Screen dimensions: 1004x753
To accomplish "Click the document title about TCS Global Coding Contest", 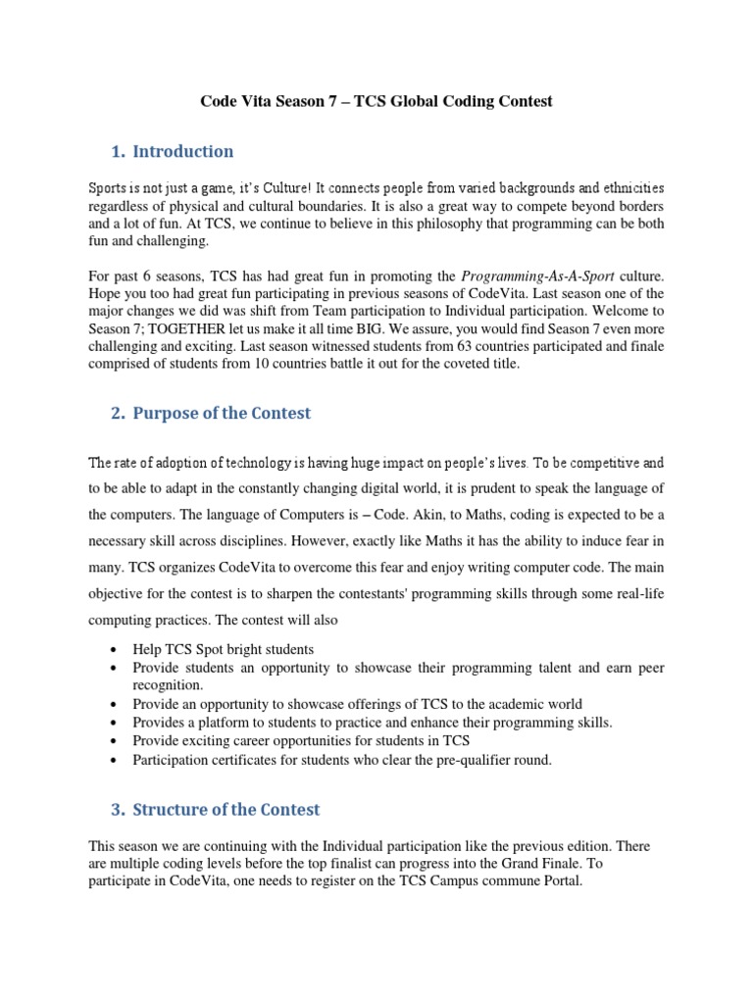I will tap(376, 101).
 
